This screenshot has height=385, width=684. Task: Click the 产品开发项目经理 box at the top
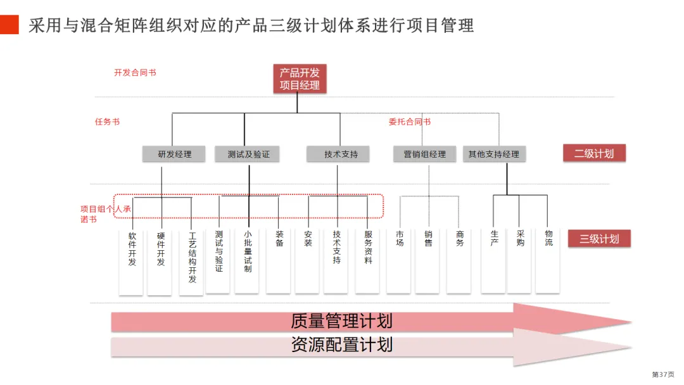300,79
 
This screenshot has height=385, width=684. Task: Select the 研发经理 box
174,154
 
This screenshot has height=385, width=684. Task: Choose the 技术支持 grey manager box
341,154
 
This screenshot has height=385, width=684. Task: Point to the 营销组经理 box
424,154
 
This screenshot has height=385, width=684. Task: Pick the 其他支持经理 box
494,154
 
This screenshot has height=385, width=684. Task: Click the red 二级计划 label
594,153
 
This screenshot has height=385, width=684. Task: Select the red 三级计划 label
599,239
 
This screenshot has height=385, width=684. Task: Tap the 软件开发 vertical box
132,260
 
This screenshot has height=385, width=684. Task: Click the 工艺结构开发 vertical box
192,260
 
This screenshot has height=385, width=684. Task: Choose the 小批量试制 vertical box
248,260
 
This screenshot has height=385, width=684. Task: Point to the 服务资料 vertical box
368,260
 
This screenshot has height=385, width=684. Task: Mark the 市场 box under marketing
400,260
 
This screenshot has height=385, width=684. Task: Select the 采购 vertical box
520,260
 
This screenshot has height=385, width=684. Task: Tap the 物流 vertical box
548,260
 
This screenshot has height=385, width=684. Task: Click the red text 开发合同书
135,73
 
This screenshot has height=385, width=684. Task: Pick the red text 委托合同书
409,122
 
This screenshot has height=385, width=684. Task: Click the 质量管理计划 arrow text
341,321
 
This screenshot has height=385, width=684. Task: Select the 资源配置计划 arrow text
341,345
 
